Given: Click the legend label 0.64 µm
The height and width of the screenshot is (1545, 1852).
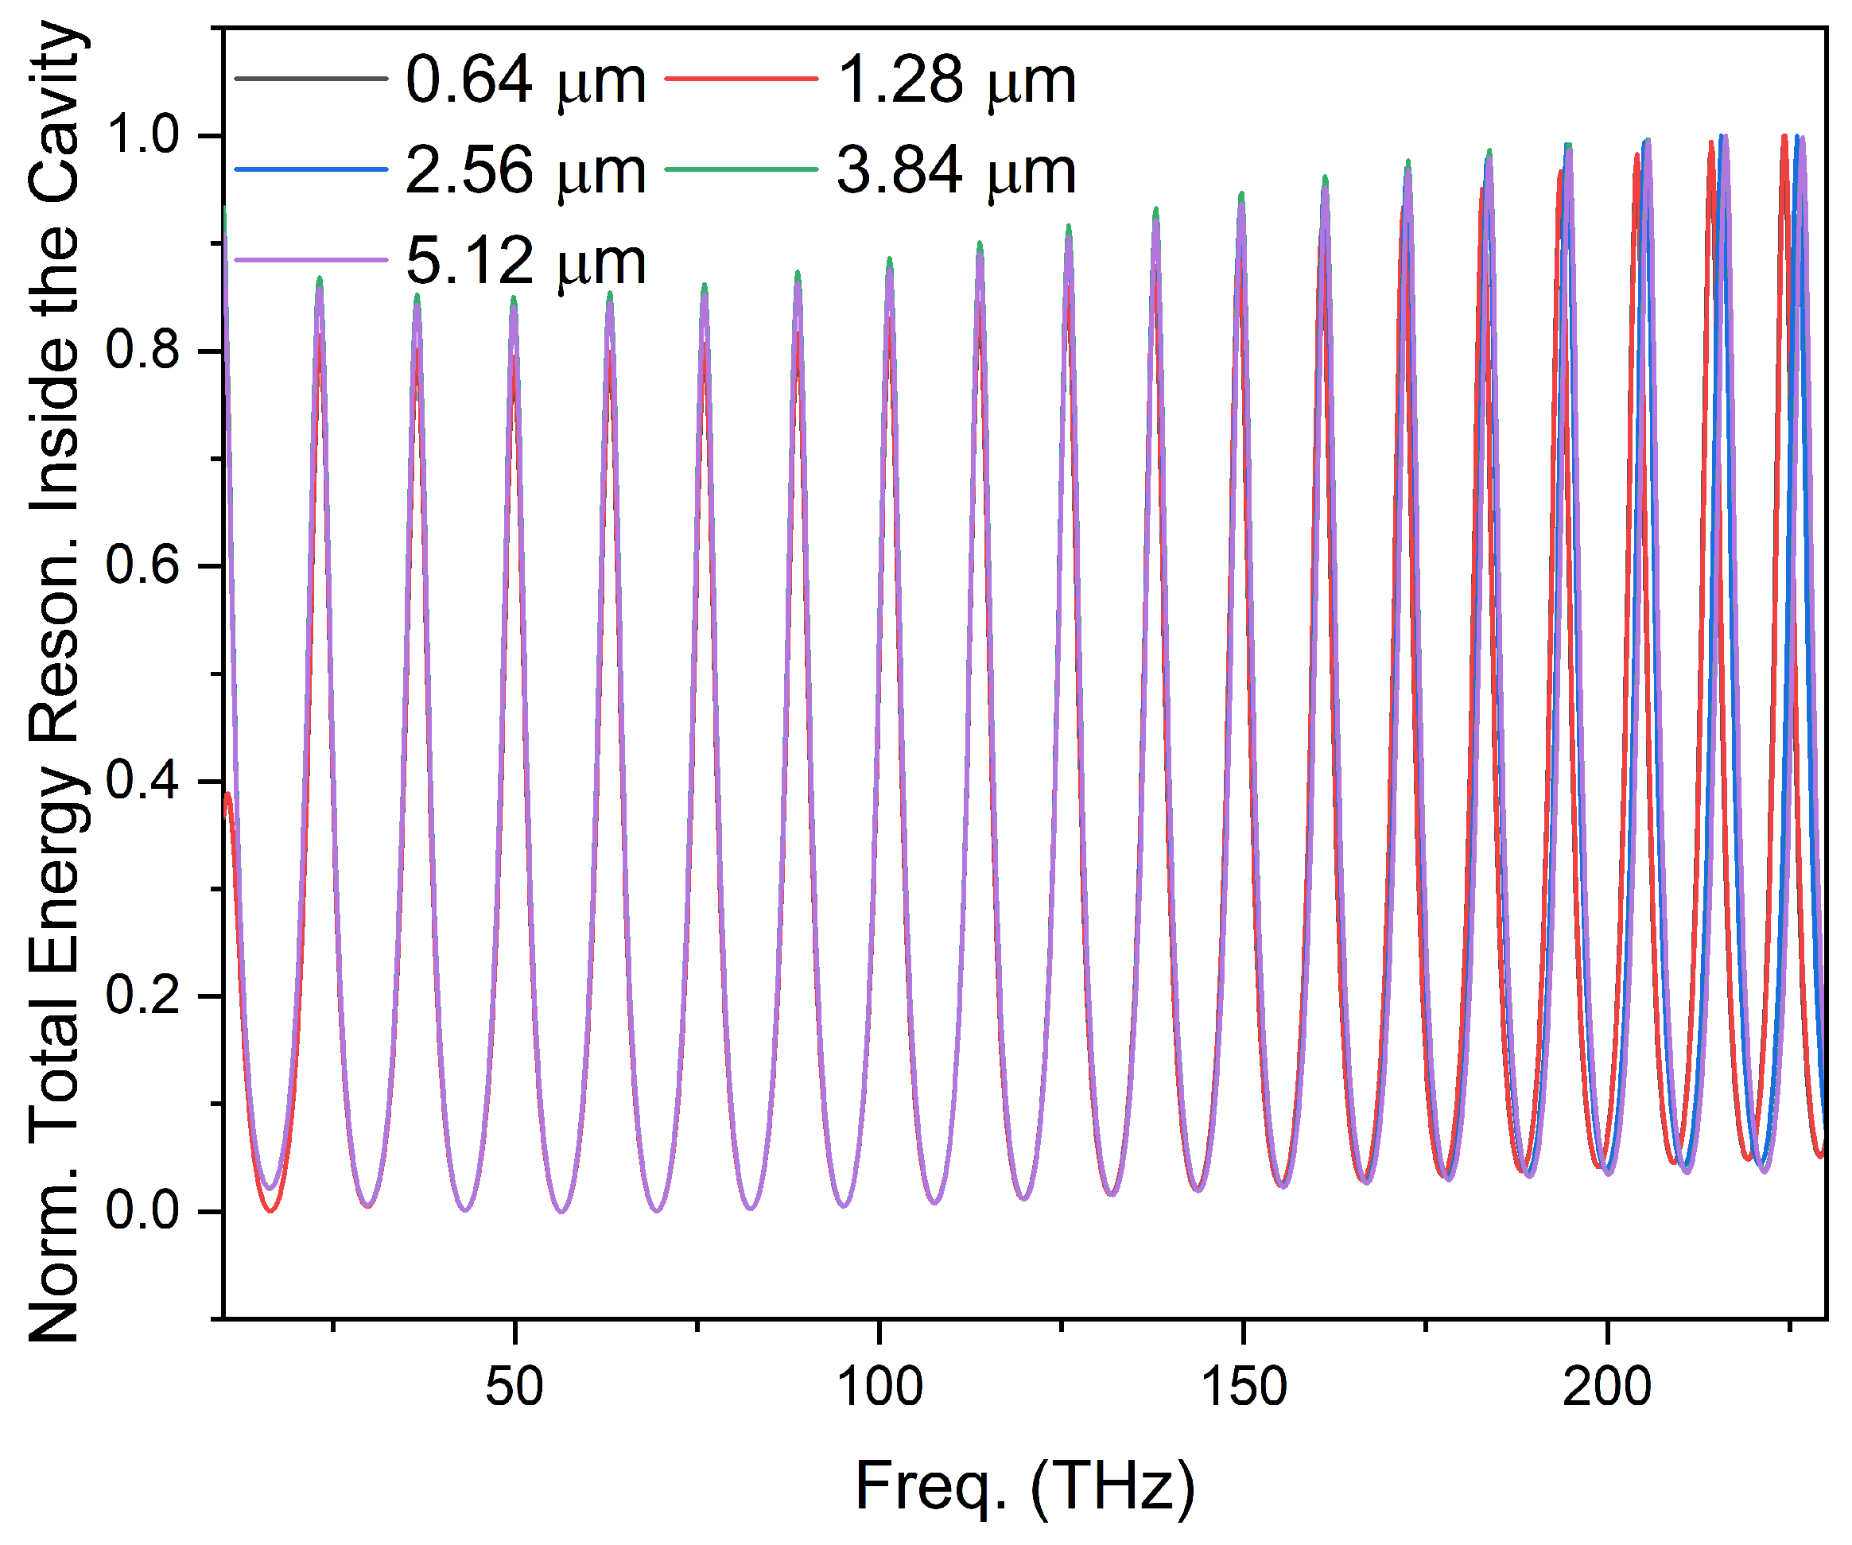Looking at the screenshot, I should click(526, 80).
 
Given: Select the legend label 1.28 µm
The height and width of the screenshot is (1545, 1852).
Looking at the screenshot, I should click(956, 80).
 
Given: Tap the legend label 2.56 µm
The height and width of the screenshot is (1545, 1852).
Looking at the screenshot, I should click(526, 170).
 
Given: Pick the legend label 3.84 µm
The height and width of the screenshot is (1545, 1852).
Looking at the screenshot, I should click(956, 170).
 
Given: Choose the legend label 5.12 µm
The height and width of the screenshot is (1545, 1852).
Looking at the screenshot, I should click(526, 261).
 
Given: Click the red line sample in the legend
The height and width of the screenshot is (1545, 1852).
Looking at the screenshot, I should click(741, 80).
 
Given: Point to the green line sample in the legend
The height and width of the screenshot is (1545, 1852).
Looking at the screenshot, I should click(741, 169).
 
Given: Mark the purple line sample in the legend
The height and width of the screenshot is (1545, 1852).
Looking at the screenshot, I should click(311, 260).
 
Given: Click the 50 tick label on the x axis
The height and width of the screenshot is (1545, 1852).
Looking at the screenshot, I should click(514, 1386).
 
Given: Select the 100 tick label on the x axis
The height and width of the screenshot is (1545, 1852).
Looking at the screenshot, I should click(879, 1386).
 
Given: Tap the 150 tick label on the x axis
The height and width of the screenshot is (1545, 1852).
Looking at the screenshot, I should click(1244, 1386).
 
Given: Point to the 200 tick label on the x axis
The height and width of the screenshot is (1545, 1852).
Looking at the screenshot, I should click(1607, 1386).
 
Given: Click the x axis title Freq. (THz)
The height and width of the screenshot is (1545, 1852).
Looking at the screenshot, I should click(1025, 1487).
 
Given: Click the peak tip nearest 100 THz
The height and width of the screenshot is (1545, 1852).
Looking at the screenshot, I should click(889, 259).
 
